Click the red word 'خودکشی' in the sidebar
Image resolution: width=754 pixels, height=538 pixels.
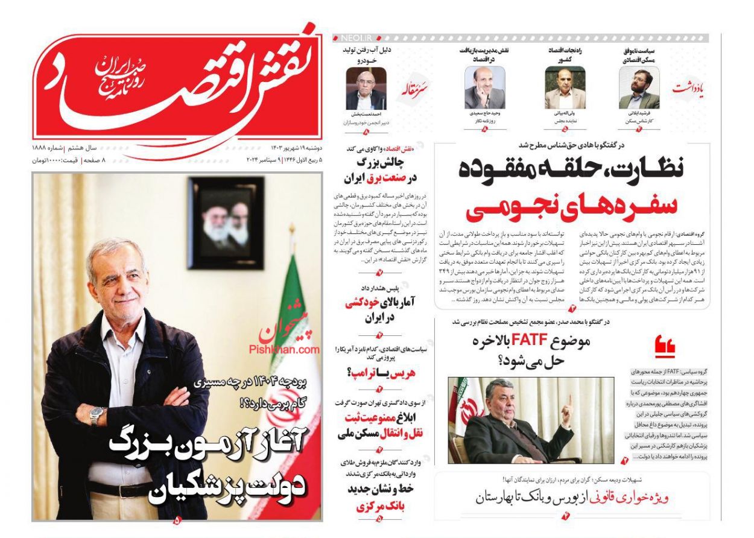tap(361, 303)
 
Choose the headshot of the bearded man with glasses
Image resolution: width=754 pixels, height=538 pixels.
tap(638, 90)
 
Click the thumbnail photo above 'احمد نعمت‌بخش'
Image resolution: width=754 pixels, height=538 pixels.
tap(366, 89)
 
